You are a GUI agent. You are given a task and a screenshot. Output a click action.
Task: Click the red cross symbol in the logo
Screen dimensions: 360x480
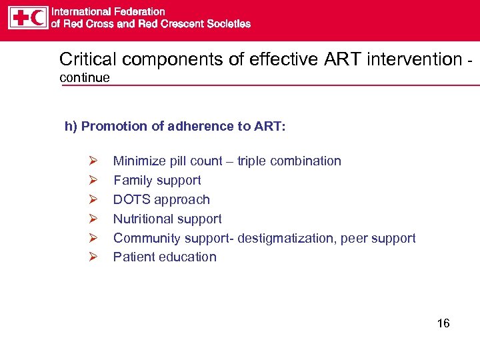click(x=19, y=17)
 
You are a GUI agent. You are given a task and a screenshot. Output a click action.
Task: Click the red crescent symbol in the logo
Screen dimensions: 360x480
click(x=38, y=17)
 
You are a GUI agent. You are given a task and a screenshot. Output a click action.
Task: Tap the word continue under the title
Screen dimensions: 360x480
click(x=85, y=78)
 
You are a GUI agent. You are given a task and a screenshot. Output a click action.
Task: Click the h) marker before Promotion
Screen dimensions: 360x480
click(x=71, y=127)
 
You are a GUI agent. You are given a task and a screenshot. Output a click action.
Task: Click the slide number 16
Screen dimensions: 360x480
click(x=443, y=324)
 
